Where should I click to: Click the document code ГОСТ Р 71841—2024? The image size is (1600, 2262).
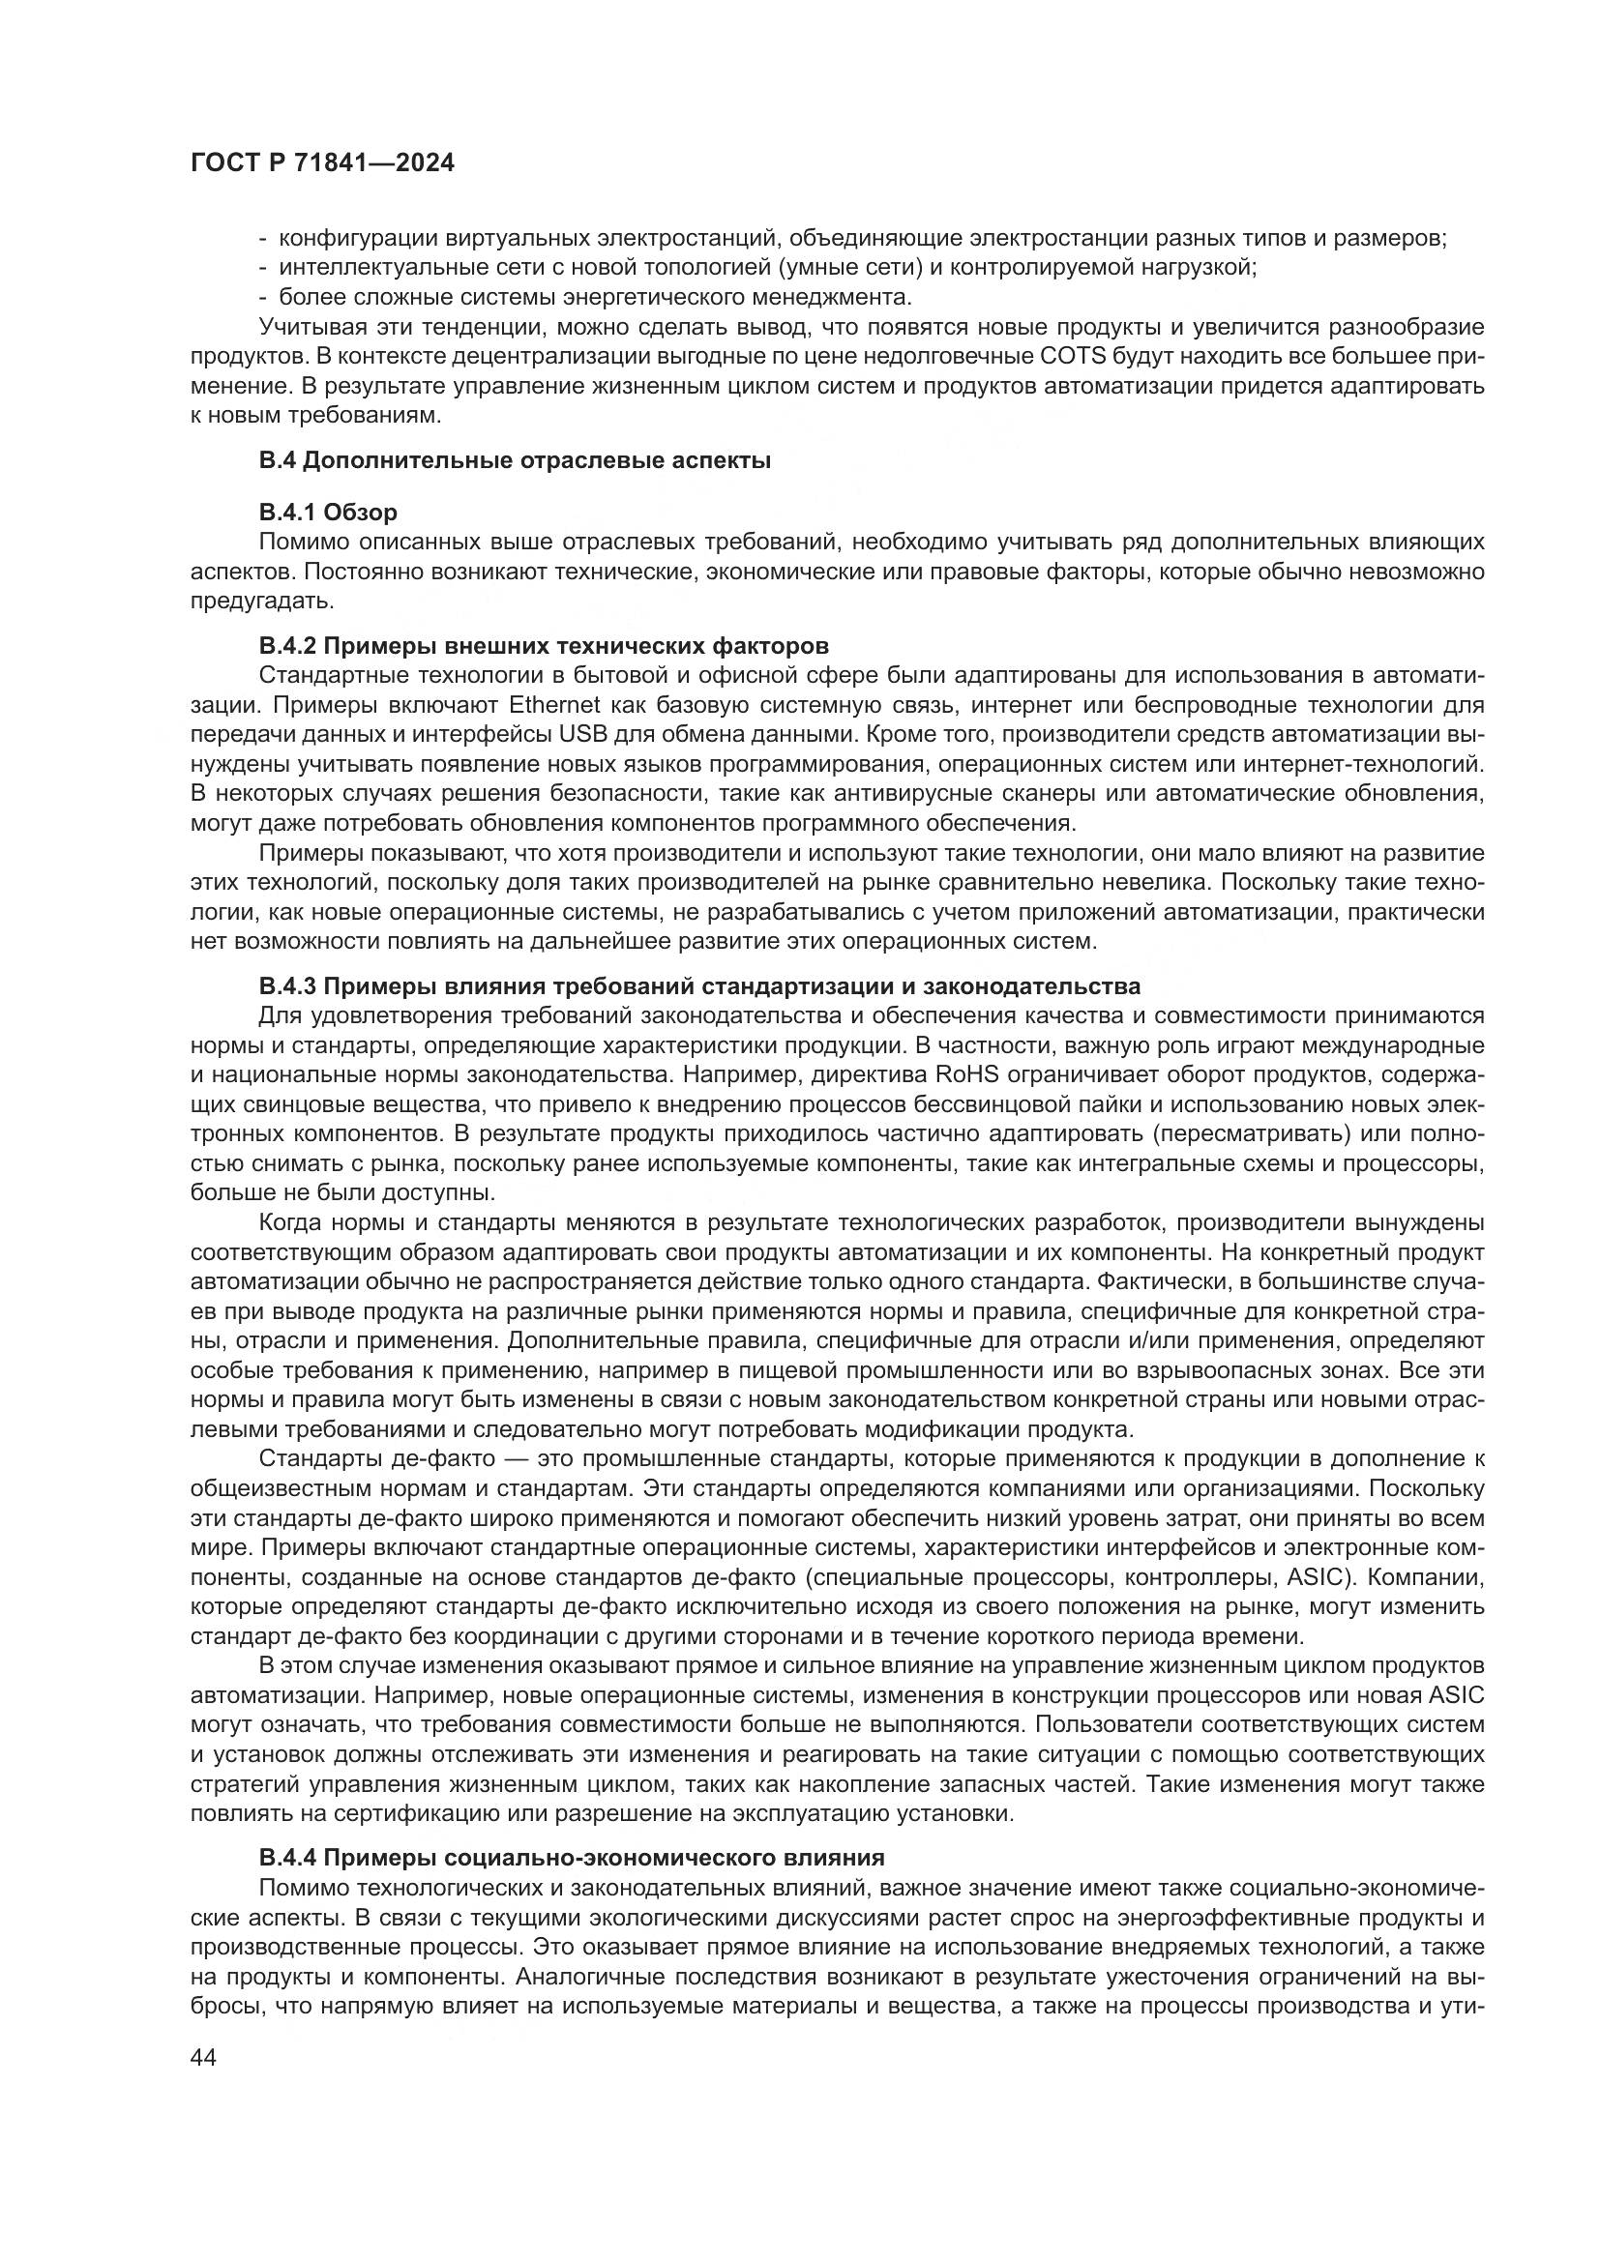322,163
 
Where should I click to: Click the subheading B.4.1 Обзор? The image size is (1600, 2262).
328,513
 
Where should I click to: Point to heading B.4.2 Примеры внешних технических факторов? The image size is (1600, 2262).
544,645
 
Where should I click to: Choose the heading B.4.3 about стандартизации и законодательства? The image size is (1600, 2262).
699,986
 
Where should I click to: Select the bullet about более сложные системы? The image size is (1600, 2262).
595,298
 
